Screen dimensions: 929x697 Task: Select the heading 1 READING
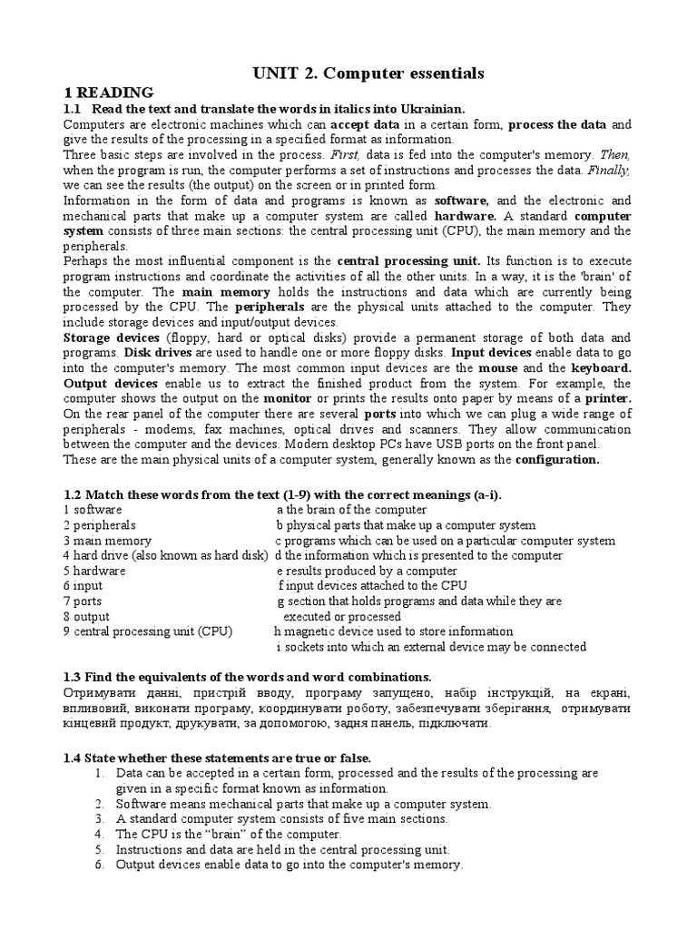pos(109,93)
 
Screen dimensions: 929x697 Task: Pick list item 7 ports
pos(83,601)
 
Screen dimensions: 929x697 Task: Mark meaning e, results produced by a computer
pos(367,571)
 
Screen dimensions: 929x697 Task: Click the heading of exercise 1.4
pos(217,758)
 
